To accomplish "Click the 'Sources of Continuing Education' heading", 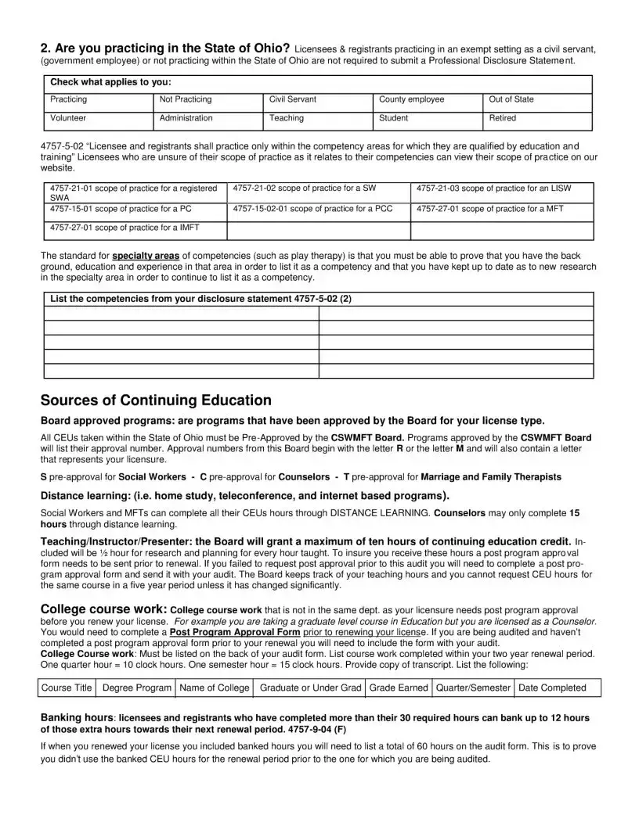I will [x=156, y=400].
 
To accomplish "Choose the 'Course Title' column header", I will [x=67, y=688].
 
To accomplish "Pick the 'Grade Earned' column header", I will [x=399, y=688].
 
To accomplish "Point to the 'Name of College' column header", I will [x=215, y=688].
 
